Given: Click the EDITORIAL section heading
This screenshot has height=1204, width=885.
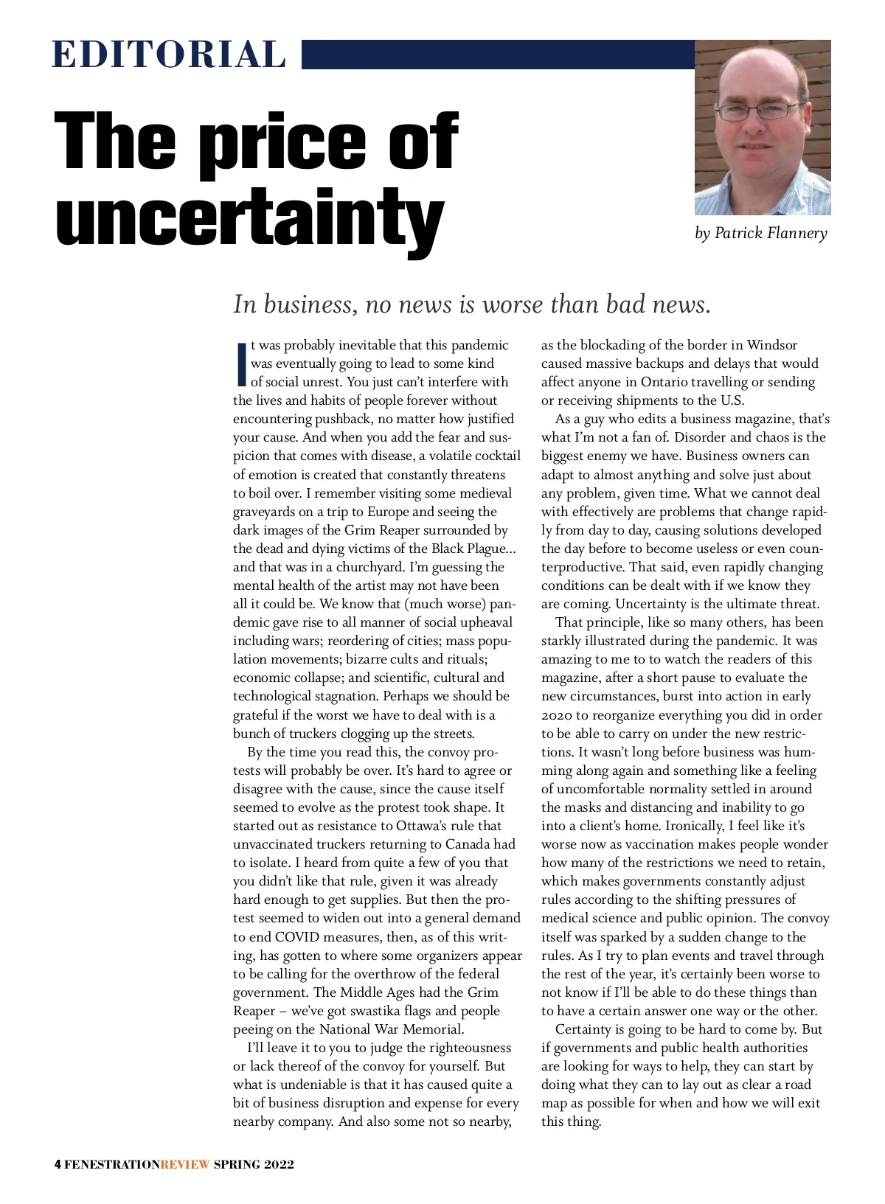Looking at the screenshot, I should coord(169,55).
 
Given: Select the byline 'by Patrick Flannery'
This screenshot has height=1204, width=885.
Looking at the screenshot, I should coord(760,234).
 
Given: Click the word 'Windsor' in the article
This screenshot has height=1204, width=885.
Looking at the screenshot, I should coord(771,345).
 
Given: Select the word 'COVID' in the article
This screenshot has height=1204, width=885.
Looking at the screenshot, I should coord(299,937).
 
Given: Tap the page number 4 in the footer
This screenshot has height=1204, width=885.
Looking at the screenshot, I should coord(58,1165).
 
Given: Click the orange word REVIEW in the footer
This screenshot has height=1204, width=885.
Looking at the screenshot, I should coord(185,1165).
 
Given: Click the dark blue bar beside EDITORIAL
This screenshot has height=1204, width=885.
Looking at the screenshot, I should coord(498,55).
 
